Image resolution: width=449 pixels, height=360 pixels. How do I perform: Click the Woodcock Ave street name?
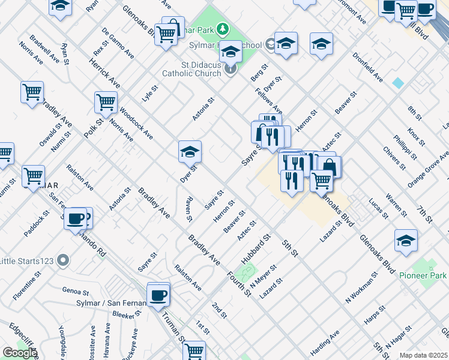(x=135, y=124)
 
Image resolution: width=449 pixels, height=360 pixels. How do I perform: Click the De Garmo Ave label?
(x=118, y=41)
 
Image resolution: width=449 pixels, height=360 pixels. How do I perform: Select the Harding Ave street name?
(x=325, y=341)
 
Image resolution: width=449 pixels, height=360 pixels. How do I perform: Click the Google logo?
(x=20, y=353)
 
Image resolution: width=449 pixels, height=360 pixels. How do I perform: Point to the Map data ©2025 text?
(x=423, y=355)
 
